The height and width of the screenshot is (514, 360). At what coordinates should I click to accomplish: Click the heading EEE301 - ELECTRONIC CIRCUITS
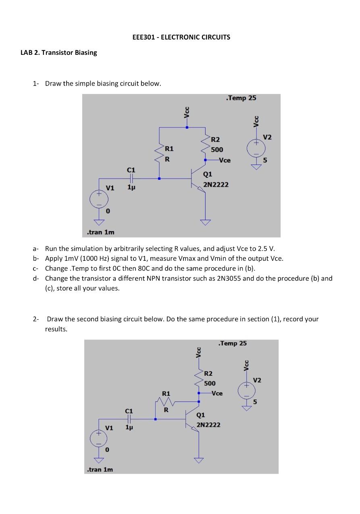coord(181,37)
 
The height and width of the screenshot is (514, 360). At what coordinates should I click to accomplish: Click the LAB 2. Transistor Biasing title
coord(59,53)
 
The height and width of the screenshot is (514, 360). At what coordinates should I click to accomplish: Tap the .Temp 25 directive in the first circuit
coord(241,98)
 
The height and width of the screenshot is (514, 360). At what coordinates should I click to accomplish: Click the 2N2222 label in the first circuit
coord(216,185)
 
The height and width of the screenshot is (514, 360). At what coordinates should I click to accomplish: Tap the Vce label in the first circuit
coord(225,160)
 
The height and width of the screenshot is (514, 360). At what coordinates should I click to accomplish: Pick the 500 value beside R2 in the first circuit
coord(217,150)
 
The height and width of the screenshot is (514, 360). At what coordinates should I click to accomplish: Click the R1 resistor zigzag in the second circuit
coord(165,402)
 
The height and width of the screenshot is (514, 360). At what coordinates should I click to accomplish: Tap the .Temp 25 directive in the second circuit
coord(232,343)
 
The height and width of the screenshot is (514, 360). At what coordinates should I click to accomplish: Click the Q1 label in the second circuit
coord(200,415)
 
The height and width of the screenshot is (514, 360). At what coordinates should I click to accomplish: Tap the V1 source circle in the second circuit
coord(98,439)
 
